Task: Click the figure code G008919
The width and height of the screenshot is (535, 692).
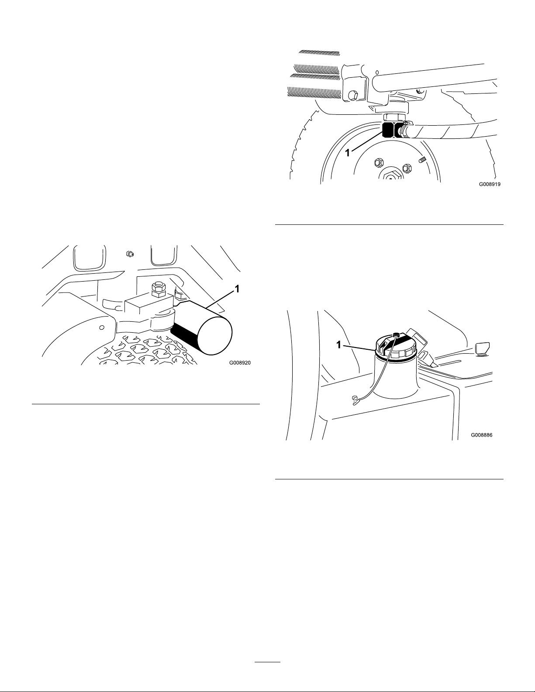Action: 490,184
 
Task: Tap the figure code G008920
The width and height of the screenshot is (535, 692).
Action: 240,362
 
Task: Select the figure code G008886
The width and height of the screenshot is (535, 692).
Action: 482,435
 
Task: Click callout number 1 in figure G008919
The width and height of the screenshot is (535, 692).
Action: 348,153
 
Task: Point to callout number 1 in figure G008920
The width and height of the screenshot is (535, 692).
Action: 237,289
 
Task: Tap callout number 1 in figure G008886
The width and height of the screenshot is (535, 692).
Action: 339,344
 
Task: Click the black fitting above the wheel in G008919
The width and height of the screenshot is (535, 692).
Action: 388,130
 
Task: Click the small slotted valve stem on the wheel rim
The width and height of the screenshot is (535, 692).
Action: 421,159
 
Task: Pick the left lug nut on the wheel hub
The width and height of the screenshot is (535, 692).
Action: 379,163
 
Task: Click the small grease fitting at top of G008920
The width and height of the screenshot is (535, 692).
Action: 130,254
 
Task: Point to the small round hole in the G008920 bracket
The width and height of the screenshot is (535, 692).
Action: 102,327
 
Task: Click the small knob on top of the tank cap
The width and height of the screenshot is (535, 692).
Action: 396,334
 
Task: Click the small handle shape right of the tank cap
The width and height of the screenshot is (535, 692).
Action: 483,348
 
